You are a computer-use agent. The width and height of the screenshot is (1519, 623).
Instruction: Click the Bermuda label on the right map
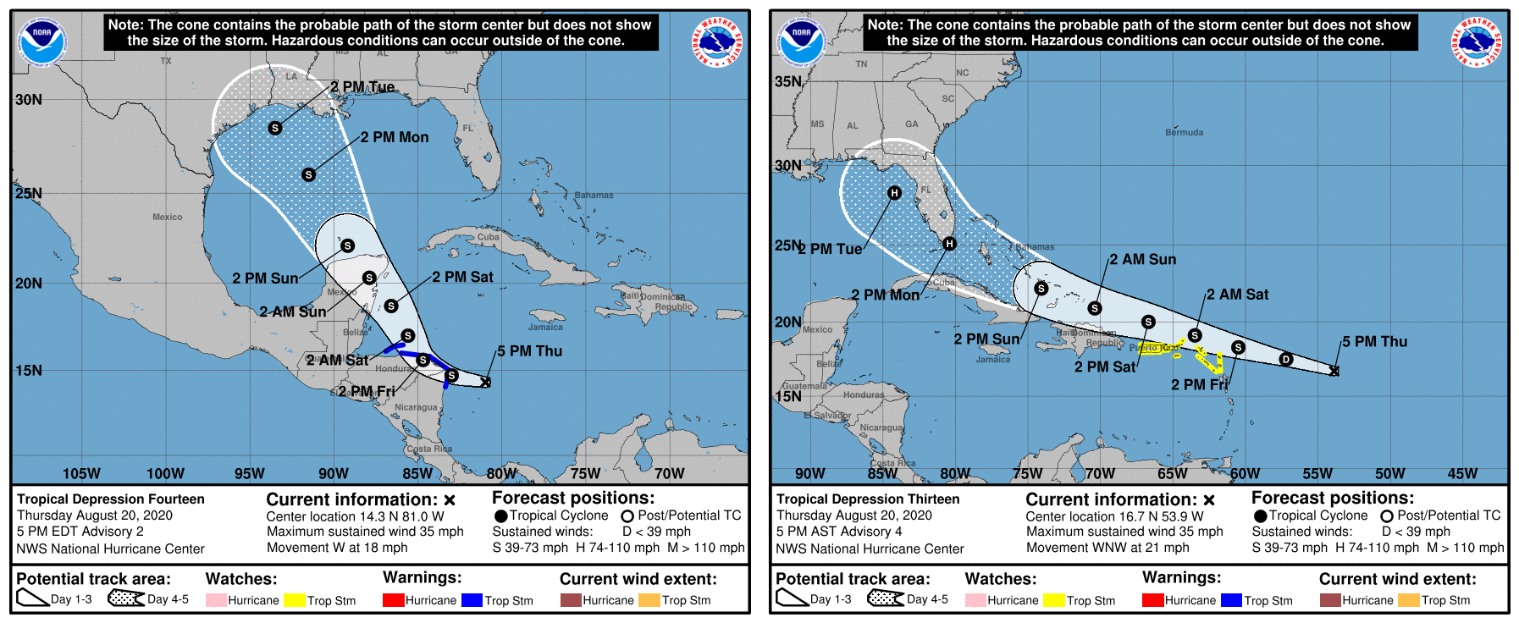[1184, 132]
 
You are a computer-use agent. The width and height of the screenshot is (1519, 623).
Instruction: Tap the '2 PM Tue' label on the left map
[362, 87]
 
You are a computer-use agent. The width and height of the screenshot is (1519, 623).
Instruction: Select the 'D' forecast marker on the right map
[1285, 360]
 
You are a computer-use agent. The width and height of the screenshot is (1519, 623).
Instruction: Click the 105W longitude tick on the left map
[81, 473]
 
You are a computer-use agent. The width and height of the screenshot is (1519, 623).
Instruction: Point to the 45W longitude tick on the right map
[1462, 473]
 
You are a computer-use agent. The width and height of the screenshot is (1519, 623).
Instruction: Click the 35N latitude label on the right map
[788, 81]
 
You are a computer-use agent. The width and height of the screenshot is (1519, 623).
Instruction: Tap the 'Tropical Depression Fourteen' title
[111, 499]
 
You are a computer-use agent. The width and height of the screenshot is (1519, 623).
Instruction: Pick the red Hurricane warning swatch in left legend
[393, 600]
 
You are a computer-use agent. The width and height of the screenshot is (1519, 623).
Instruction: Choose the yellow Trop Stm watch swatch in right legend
[1053, 600]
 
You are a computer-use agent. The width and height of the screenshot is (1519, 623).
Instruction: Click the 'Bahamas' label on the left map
[594, 195]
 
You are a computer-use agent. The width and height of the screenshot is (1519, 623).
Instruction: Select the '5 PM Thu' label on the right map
[1374, 342]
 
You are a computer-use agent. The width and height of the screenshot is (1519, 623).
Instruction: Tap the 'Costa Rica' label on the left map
[429, 449]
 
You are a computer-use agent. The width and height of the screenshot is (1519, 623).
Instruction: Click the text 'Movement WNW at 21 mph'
[1107, 548]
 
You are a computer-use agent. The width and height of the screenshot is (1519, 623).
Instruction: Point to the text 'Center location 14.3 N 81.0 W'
[355, 516]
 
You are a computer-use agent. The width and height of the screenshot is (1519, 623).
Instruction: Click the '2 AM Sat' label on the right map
[1237, 295]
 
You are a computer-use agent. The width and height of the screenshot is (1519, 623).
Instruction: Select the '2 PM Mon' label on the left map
[395, 137]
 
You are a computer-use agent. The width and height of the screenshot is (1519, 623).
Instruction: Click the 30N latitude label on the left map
[29, 100]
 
